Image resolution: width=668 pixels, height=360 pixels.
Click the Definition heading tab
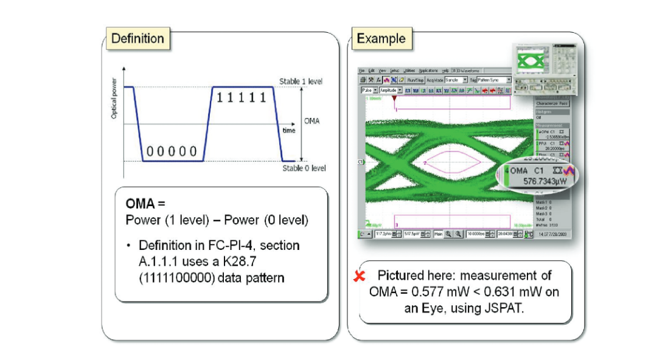click(x=137, y=39)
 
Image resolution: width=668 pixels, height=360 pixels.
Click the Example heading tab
click(x=381, y=39)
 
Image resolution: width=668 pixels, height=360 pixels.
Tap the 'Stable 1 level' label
click(x=301, y=81)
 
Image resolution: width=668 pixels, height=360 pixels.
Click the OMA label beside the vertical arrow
click(x=311, y=121)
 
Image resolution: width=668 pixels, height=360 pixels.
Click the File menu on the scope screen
click(x=361, y=71)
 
